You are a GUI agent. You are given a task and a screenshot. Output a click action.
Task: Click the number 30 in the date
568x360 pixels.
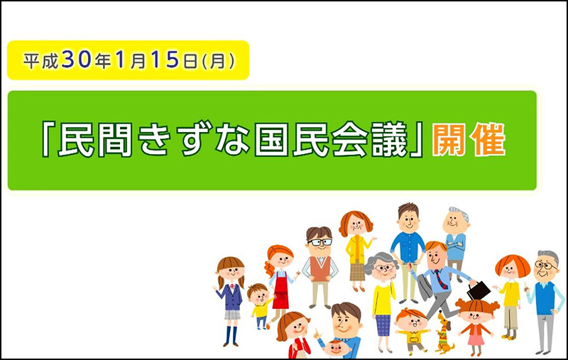[x=76, y=60]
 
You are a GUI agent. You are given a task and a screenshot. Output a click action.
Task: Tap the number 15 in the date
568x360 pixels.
[x=165, y=60]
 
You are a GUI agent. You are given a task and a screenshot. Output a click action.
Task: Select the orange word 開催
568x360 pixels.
[x=469, y=140]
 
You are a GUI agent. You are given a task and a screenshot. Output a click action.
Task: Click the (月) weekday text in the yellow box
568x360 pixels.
[x=218, y=61]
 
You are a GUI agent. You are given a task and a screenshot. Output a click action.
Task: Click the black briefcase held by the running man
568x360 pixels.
[x=479, y=290]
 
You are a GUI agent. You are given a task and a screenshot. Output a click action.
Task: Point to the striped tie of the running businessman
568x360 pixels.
[x=441, y=279]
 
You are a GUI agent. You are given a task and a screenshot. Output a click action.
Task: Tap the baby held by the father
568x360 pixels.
[x=336, y=348]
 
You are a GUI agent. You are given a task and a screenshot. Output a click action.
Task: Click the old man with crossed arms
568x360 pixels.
[x=456, y=244]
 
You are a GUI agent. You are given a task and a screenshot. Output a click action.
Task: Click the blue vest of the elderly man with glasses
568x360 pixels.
[x=545, y=298]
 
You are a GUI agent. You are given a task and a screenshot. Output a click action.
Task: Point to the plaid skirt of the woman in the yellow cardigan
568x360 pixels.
[x=357, y=271]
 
